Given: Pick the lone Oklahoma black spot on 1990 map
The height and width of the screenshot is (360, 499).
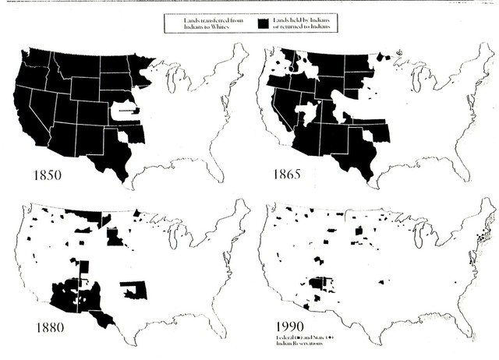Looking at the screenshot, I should (382, 282).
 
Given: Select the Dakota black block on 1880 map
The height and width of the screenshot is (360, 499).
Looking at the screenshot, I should (114, 236).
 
